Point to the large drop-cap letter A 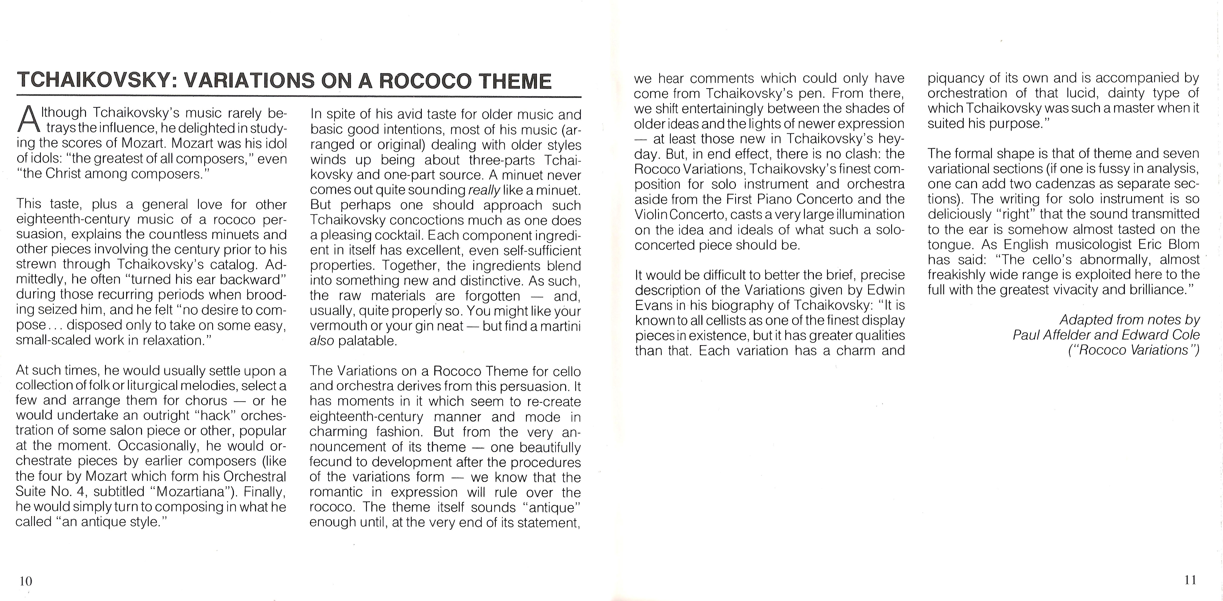[x=28, y=121]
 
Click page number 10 [x=26, y=581]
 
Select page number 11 [x=1190, y=580]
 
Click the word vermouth [x=332, y=326]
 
